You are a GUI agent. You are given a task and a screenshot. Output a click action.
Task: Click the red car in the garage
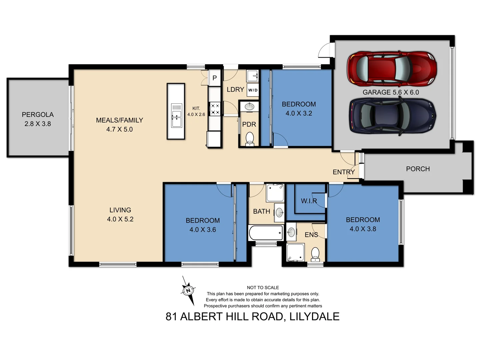392,69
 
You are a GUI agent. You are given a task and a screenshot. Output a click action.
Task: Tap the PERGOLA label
38,115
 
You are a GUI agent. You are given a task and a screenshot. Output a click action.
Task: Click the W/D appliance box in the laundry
253,90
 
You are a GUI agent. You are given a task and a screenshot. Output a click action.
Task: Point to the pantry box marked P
215,78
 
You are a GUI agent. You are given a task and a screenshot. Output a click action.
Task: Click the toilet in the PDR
249,139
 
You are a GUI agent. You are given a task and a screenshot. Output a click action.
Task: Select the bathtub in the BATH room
266,233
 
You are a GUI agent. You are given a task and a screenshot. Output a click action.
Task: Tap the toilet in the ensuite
315,254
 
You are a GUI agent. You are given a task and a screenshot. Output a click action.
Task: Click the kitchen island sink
176,115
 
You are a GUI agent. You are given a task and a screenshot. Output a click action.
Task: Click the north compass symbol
188,291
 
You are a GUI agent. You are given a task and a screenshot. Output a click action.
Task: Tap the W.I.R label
309,201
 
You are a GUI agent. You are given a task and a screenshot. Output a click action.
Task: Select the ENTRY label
343,172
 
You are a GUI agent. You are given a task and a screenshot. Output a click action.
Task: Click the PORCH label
418,169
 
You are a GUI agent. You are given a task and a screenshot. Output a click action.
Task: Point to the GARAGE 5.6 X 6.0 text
391,92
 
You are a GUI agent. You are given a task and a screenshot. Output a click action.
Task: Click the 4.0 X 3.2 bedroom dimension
299,113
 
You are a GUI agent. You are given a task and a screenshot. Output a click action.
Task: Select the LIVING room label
120,210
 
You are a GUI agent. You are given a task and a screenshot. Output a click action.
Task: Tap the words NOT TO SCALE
263,287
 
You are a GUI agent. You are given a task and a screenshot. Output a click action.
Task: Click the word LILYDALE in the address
314,316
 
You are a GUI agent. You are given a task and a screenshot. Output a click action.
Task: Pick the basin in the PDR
249,107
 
